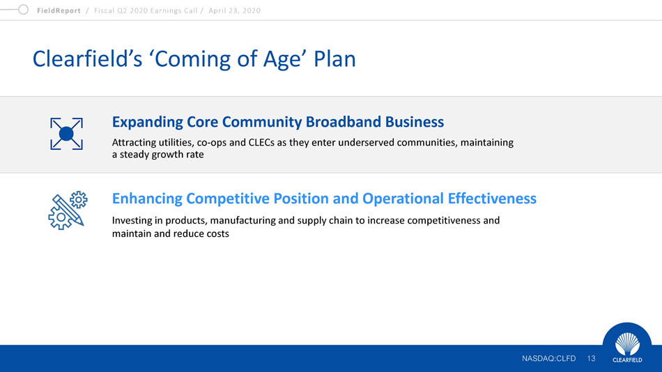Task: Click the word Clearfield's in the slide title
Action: coord(87,59)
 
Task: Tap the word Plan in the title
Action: coord(334,59)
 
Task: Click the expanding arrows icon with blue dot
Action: coord(66,134)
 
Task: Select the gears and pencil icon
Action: coord(68,210)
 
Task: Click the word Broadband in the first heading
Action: coord(343,122)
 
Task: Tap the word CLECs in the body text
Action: coord(261,142)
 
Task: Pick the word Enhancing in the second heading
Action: coord(147,199)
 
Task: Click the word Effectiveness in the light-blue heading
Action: coord(492,199)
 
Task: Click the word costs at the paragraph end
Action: coord(217,234)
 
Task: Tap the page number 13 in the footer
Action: coord(591,359)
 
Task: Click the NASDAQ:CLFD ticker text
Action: coord(548,359)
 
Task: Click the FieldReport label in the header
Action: coord(59,10)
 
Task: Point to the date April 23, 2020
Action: coord(234,10)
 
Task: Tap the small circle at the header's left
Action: coord(23,9)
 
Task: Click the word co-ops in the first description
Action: coord(212,143)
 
